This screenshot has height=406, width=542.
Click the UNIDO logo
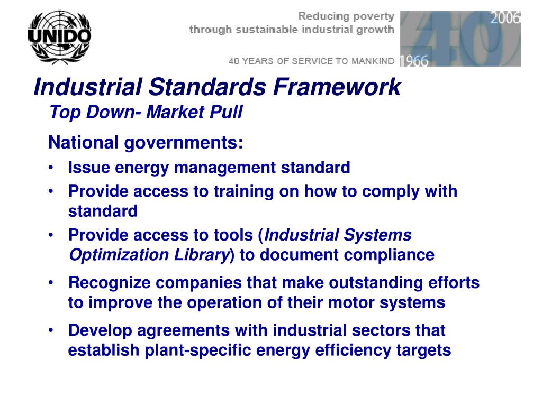coord(59,36)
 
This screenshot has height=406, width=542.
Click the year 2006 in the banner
coord(505,19)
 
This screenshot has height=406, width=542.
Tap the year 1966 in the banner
coord(414,61)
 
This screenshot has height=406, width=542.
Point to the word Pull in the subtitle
coord(229,112)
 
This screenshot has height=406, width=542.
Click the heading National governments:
coord(146,143)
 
